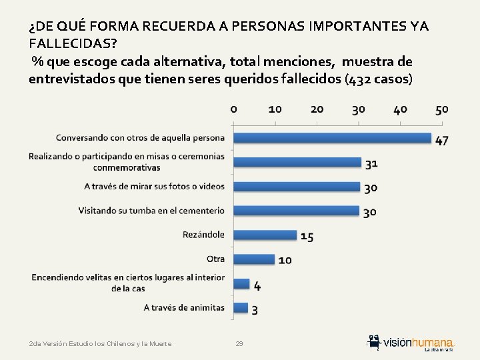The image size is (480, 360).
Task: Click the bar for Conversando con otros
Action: [332, 138]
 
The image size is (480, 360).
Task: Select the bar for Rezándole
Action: [265, 235]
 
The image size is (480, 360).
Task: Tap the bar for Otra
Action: [254, 259]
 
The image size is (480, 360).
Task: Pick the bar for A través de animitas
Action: [240, 308]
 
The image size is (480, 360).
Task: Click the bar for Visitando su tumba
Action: [296, 210]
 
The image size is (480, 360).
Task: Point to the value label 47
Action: [442, 141]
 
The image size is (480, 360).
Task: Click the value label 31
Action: [371, 164]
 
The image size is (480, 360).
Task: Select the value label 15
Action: [307, 237]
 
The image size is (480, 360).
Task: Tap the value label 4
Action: [257, 286]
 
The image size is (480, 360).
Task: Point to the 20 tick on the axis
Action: [317, 109]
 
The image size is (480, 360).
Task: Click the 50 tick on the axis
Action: [442, 109]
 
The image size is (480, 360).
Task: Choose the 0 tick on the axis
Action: [233, 109]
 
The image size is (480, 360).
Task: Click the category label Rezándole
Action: [203, 235]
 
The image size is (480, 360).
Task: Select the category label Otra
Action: [215, 259]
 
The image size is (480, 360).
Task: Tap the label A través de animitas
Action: [184, 307]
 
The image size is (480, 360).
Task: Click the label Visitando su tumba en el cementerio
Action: [151, 211]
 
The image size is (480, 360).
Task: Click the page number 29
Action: [239, 343]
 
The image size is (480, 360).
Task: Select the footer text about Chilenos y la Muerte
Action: [100, 343]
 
